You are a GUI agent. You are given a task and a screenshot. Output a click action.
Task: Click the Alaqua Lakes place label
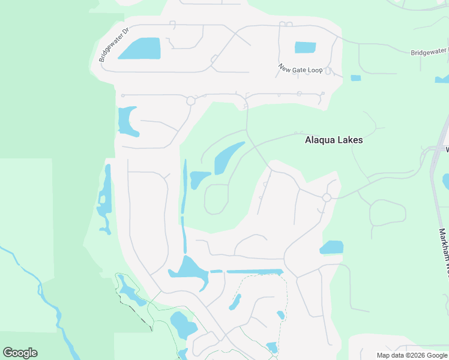tap(334, 140)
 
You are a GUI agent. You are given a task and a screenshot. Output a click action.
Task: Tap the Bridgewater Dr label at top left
tap(114, 45)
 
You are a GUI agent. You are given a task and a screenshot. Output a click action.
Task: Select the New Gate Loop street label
tap(300, 70)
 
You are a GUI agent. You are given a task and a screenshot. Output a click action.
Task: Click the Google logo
tap(20, 353)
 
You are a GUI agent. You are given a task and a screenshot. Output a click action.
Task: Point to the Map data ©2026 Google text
tap(412, 355)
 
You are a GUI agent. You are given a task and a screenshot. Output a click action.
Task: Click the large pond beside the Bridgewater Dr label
tap(140, 49)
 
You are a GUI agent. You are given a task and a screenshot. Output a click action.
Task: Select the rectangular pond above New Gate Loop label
tap(305, 47)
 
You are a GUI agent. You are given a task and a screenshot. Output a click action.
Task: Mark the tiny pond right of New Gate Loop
tap(355, 78)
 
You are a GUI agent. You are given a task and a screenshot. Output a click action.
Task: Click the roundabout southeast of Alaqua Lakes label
tap(327, 197)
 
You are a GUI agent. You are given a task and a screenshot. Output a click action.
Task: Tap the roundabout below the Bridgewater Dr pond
tap(191, 101)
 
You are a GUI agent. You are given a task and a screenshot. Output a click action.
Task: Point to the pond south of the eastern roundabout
tap(331, 247)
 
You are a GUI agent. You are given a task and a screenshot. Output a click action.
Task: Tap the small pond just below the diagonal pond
tap(198, 179)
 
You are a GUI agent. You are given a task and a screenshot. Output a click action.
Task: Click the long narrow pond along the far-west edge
tap(106, 198)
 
